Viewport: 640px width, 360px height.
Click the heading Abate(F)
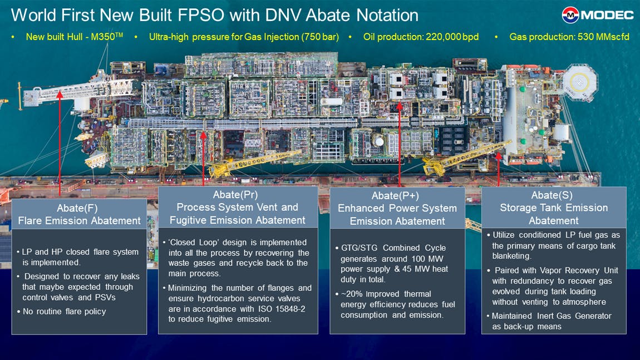point(79,208)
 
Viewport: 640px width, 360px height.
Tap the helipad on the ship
point(580,82)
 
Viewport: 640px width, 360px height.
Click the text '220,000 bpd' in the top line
point(451,37)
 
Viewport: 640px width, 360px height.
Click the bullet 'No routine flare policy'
point(64,311)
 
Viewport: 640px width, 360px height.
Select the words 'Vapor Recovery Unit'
point(579,270)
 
